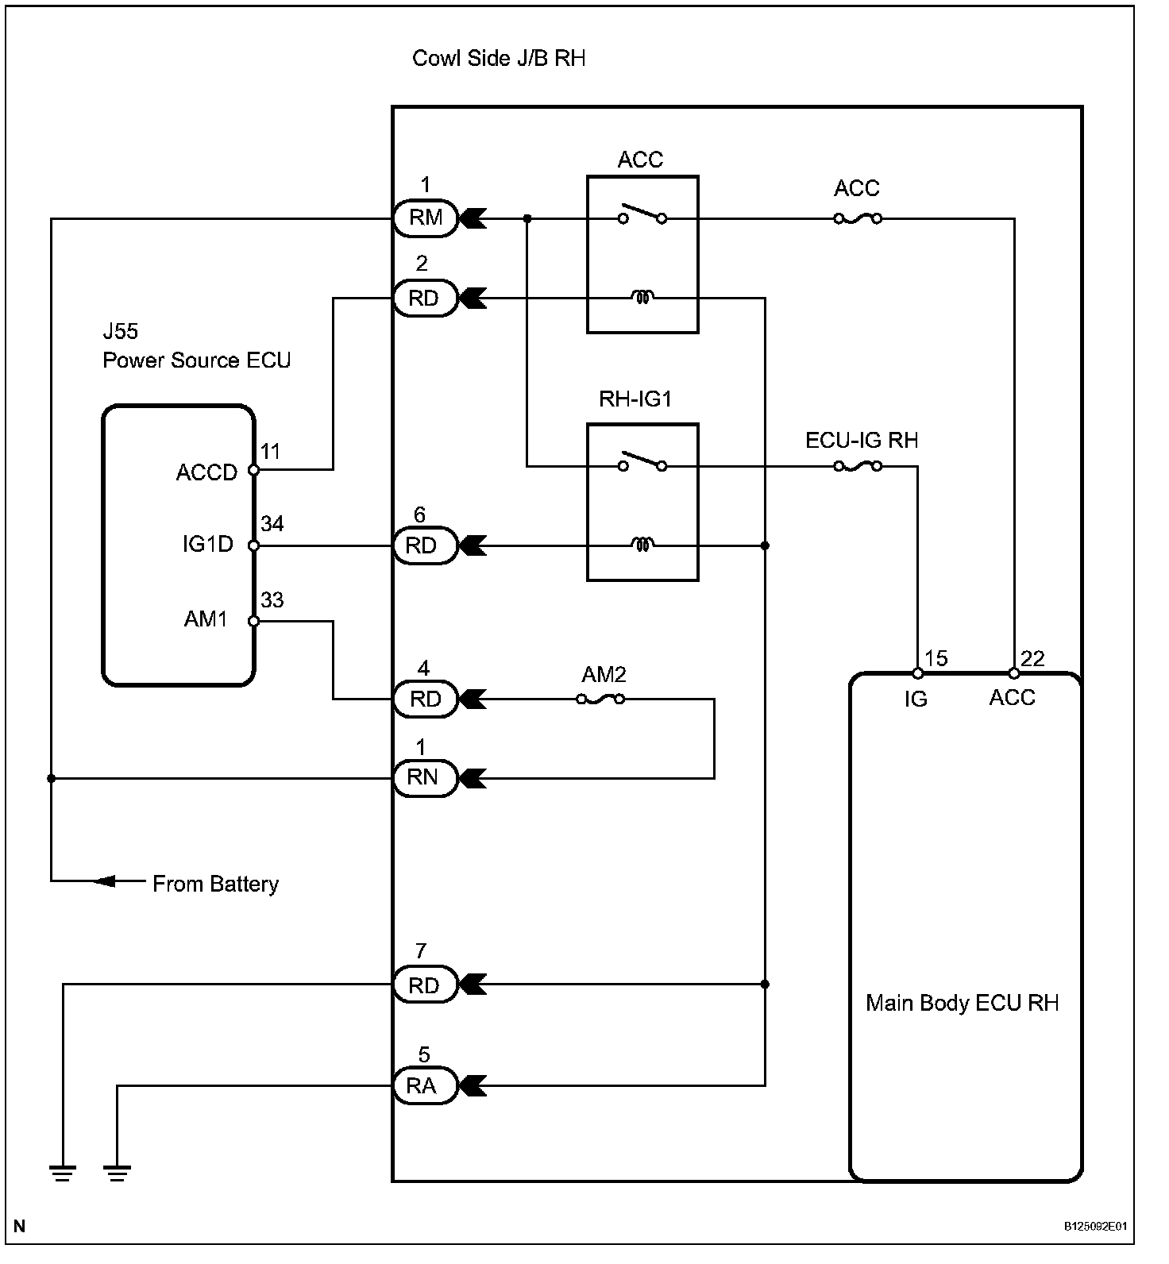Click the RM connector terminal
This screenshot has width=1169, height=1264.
click(426, 218)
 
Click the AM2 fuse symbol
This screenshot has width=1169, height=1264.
click(600, 699)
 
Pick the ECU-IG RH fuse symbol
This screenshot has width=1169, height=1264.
click(858, 466)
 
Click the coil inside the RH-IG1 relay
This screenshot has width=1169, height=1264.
click(642, 545)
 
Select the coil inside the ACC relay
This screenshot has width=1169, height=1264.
click(642, 298)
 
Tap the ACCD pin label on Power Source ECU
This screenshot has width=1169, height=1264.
click(206, 472)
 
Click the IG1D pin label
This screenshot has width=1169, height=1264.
click(208, 545)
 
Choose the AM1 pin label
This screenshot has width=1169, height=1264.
click(206, 619)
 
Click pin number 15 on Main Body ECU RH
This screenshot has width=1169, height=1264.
click(936, 658)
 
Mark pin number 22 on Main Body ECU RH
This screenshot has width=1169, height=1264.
click(1032, 658)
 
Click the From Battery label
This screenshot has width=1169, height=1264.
click(215, 884)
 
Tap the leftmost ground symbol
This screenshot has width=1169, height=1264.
click(63, 1172)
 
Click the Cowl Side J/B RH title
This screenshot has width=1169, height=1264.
click(499, 58)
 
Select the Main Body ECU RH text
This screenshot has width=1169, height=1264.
click(963, 1003)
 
